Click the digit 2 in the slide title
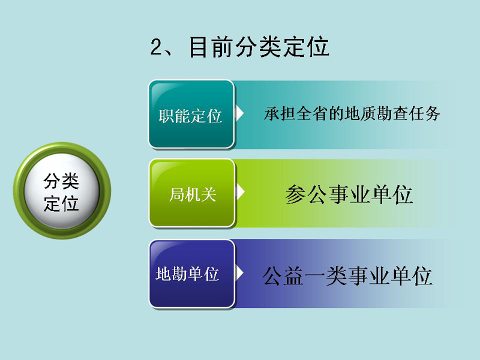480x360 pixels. (157, 47)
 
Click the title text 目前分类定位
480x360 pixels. (259, 47)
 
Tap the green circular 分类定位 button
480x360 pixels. (62, 190)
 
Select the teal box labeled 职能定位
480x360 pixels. (191, 115)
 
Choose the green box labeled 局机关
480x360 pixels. (192, 193)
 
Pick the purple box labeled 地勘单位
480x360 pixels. (192, 274)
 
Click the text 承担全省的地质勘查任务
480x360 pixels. (352, 113)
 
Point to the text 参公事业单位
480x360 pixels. (349, 194)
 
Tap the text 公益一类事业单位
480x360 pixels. (347, 275)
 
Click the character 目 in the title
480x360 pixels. (200, 47)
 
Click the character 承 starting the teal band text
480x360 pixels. (272, 113)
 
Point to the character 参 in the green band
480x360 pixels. (296, 194)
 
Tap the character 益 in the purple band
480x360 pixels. (294, 275)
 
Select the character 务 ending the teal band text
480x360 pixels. (432, 113)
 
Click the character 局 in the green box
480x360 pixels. (177, 194)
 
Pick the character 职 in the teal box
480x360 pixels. (167, 116)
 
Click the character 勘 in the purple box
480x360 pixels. (179, 274)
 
